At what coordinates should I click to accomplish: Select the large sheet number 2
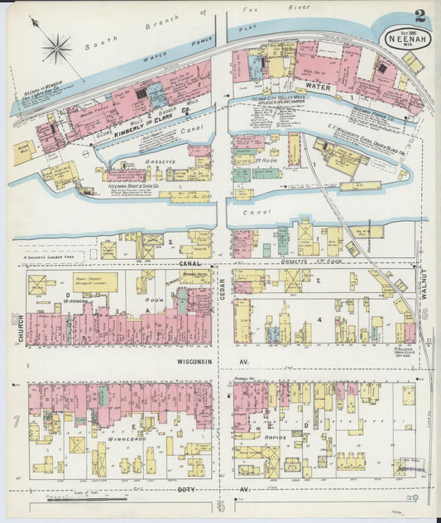(x=421, y=16)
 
